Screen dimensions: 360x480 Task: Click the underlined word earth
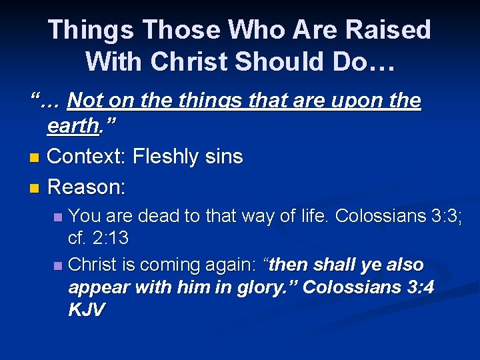coord(73,126)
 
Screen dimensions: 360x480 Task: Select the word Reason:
coord(86,187)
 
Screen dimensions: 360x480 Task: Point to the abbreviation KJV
coord(87,310)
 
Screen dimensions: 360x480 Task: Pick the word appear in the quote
coord(99,287)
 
